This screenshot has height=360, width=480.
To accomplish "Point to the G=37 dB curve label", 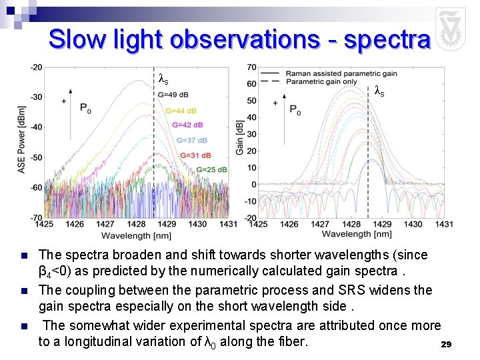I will click(192, 141).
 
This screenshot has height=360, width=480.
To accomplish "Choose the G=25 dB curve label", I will click(211, 170).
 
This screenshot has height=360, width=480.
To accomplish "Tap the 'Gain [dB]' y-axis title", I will click(239, 138).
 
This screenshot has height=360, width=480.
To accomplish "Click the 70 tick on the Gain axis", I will click(251, 67).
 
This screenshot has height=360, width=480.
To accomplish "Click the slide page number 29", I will click(447, 345).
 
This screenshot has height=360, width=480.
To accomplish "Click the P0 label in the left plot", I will click(86, 108).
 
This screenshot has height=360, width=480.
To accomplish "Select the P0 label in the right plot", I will click(295, 110).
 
